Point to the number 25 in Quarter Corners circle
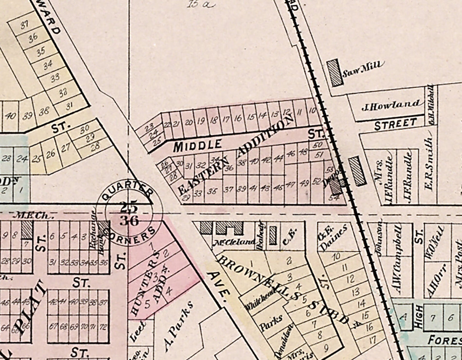click(x=129, y=208)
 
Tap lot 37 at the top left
click(x=25, y=26)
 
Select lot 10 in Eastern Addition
click(x=312, y=111)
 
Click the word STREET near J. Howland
click(x=395, y=123)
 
